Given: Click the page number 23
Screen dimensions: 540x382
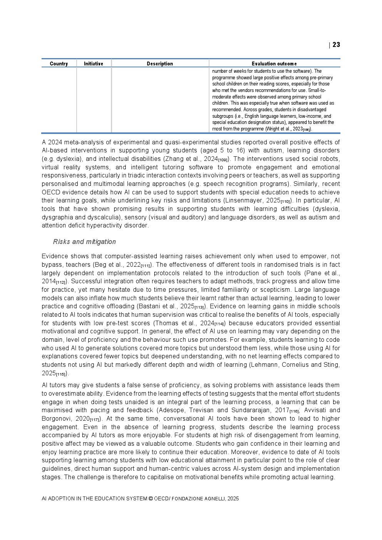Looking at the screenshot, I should coord(336,45).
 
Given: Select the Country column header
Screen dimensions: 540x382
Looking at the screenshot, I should coord(59,64).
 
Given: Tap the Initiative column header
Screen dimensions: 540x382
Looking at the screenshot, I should coord(94,64).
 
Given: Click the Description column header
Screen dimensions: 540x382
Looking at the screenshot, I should coord(160,64).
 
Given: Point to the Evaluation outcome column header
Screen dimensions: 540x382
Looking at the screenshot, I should coord(274,64).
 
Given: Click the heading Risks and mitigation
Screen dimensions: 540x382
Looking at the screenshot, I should coord(84,242).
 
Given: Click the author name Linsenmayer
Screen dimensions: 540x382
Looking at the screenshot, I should coord(244,201).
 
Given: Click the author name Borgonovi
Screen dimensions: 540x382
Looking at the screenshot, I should coord(58,418).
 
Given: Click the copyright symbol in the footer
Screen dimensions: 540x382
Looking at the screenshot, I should coord(151,498).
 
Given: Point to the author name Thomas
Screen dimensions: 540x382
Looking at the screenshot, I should coord(164,323).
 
